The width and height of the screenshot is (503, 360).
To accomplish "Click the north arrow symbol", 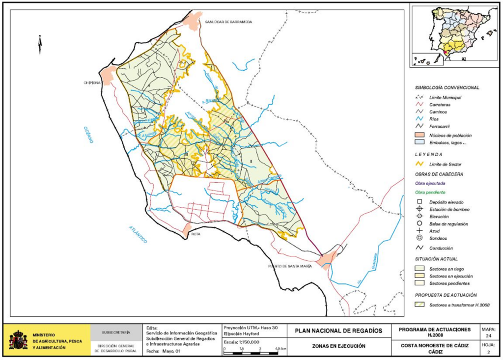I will tap(40, 45).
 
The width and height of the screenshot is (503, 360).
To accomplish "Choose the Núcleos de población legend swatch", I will tap(420, 135).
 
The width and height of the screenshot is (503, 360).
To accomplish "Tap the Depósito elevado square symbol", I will tap(420, 202).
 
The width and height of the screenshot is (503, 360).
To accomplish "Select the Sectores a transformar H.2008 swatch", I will tap(420, 305).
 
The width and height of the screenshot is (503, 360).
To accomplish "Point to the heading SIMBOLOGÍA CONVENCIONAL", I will tap(447, 87).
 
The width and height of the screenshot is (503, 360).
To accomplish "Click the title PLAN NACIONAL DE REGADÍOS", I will tap(338, 331).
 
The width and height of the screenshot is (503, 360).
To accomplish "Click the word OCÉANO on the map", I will tap(89, 134).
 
